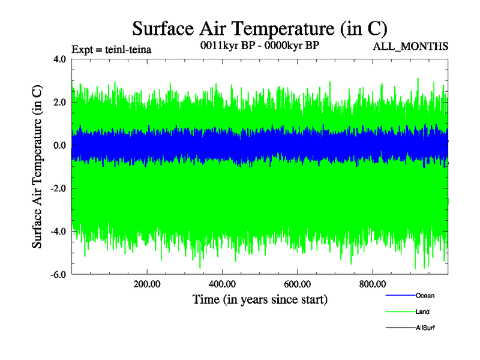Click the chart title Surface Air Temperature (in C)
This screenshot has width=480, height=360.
pyautogui.click(x=260, y=28)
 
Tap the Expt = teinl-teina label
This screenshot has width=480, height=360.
pyautogui.click(x=111, y=49)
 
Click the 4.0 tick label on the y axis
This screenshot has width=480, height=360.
pyautogui.click(x=60, y=59)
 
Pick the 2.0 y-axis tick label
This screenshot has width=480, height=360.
pyautogui.click(x=60, y=102)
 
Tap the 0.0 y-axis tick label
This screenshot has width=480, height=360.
pyautogui.click(x=60, y=145)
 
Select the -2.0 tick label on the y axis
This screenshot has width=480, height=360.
pyautogui.click(x=59, y=188)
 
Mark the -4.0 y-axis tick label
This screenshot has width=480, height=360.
pyautogui.click(x=59, y=232)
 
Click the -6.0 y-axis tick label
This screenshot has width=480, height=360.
pyautogui.click(x=59, y=275)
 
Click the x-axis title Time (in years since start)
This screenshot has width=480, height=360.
pyautogui.click(x=260, y=299)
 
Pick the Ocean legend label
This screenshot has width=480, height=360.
pyautogui.click(x=425, y=295)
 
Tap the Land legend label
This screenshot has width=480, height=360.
pyautogui.click(x=422, y=311)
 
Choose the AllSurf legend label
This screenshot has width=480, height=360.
pyautogui.click(x=425, y=328)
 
